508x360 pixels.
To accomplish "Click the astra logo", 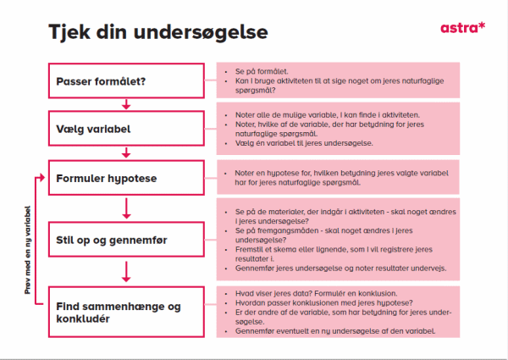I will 462,27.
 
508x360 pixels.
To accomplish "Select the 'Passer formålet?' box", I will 126,81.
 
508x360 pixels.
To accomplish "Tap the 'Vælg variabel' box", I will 126,129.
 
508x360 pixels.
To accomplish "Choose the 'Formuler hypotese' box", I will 126,179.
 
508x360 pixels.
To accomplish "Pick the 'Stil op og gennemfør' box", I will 126,241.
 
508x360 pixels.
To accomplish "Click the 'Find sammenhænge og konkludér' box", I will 126,310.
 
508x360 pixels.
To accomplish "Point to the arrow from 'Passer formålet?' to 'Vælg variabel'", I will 126,104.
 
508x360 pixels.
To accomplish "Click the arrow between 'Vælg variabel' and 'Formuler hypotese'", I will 126,153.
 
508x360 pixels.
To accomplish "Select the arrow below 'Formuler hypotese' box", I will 126,208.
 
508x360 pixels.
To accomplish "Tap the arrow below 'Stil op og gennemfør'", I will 126,273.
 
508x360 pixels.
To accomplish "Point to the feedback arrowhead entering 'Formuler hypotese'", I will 43,179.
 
